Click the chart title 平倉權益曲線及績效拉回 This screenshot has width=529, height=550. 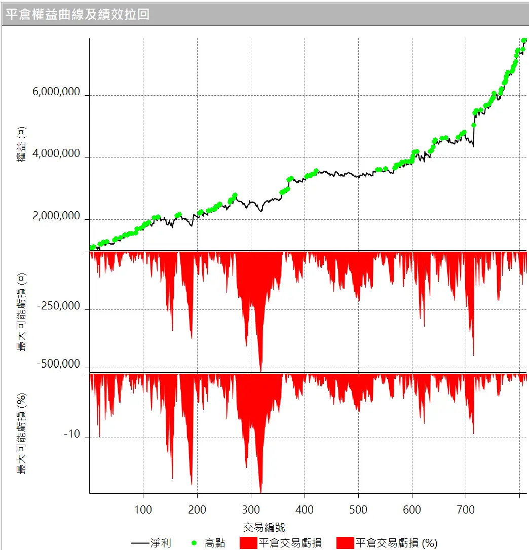point(78,14)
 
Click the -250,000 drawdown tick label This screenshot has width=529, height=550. point(58,306)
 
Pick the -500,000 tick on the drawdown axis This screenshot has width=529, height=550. point(58,365)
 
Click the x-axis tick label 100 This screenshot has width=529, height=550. point(143,509)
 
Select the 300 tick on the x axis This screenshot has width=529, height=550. point(251,509)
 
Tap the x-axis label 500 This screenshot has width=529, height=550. point(358,509)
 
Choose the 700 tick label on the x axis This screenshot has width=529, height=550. point(466,509)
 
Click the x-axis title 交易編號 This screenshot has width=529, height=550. point(263,527)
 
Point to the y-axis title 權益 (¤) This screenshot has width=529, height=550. point(21,144)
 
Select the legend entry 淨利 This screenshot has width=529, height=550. point(152,543)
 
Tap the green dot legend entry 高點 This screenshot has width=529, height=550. point(209,543)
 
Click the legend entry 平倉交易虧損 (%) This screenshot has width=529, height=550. point(388,543)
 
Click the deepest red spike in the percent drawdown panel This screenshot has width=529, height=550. point(260,492)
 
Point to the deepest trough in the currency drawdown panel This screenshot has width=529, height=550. point(260,371)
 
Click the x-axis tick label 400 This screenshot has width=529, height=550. point(305,509)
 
